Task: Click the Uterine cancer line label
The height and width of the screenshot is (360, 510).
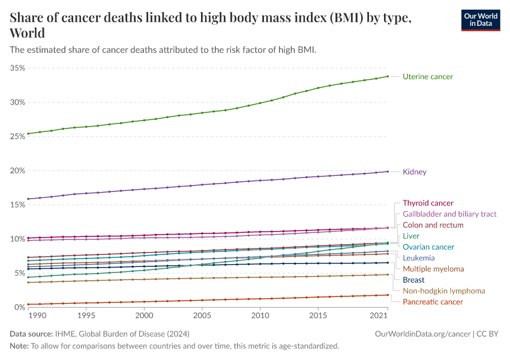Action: [427, 77]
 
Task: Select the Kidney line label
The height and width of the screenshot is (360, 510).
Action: [414, 172]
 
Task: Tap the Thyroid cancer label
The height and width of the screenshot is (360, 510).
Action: [428, 203]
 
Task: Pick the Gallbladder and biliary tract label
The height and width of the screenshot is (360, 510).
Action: [449, 214]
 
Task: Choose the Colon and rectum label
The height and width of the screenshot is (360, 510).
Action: [433, 225]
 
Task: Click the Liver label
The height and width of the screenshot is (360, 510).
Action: [411, 236]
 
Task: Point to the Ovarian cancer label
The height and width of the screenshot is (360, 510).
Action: [428, 247]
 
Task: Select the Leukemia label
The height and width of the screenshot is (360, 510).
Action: [419, 258]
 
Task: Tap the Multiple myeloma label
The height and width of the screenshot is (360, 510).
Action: [433, 269]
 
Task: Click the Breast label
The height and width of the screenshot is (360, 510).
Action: [413, 280]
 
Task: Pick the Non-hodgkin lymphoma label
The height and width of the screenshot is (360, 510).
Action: [443, 291]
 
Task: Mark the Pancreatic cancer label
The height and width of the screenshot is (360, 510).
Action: [433, 302]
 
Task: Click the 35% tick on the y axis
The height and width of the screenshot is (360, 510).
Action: [17, 68]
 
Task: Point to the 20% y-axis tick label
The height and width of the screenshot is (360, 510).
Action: [17, 170]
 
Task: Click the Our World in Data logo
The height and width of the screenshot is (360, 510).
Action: [480, 20]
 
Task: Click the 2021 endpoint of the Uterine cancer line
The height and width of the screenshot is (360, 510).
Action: [388, 76]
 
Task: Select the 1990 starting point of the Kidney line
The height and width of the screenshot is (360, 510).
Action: [28, 199]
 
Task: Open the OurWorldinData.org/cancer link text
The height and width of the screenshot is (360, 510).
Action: [418, 334]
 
